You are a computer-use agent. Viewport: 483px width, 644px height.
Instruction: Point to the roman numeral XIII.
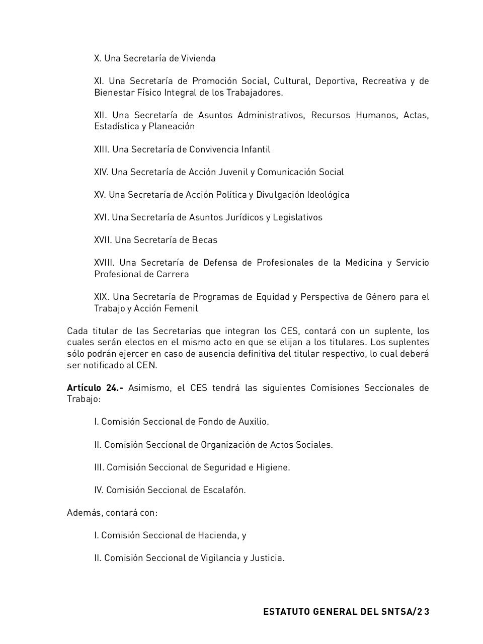click(101, 149)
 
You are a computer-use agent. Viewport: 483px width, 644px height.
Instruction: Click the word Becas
click(204, 240)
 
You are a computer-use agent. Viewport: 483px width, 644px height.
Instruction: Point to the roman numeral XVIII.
click(104, 263)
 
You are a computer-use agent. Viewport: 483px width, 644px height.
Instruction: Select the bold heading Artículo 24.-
click(95, 388)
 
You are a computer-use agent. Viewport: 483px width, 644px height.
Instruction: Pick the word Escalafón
click(224, 490)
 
